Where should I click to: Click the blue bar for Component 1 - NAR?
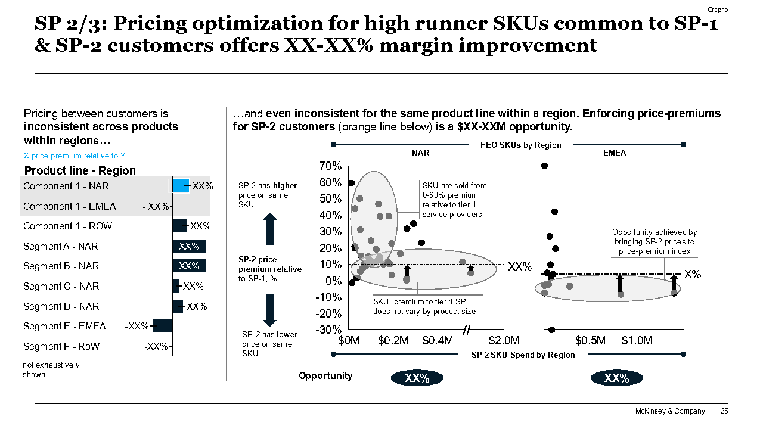[180, 186]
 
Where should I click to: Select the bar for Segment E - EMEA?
[162, 326]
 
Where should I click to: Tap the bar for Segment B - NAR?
[188, 266]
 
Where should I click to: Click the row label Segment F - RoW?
[61, 346]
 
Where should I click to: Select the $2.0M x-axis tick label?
[504, 341]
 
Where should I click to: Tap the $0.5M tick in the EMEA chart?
[590, 341]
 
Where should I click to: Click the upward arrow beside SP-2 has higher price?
[270, 229]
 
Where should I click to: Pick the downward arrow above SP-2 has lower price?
[270, 310]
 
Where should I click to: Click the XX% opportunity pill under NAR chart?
[417, 378]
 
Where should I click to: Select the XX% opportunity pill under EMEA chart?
[617, 378]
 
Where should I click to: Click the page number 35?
[724, 411]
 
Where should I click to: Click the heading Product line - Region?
[80, 171]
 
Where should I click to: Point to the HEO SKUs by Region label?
[520, 145]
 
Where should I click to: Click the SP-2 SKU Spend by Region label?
[523, 355]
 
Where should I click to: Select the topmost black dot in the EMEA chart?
[544, 166]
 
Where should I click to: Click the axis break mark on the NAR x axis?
[467, 329]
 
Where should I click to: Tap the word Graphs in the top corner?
[718, 10]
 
